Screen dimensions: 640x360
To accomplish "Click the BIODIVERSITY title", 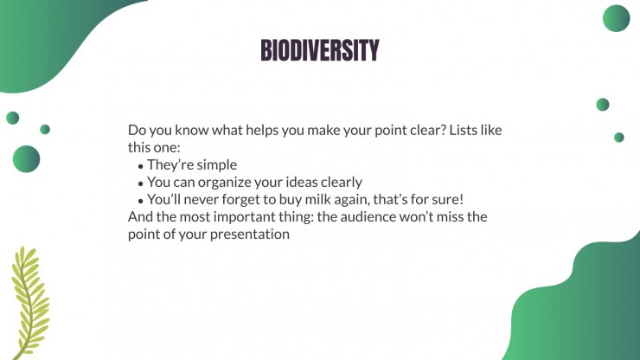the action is click(320, 50).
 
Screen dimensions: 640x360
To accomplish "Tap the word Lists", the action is click(463, 130).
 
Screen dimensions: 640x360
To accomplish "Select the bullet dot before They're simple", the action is click(141, 166).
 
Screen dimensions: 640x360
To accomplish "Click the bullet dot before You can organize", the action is click(141, 183).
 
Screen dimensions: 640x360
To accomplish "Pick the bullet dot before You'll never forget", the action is click(141, 201).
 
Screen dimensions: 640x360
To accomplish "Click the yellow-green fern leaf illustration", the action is click(30, 303).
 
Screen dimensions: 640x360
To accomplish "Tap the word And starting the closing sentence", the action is click(140, 216).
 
